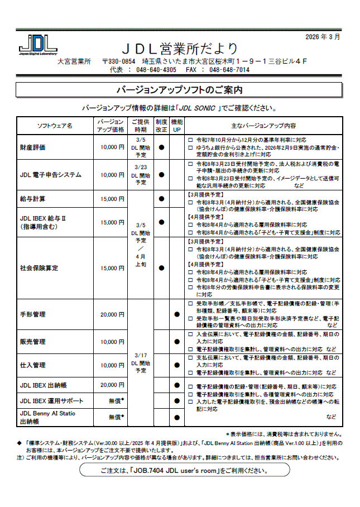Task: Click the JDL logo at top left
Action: click(x=37, y=44)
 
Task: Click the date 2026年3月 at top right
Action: click(x=323, y=37)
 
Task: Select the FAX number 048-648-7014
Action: click(x=229, y=70)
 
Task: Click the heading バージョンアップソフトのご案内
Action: click(x=179, y=90)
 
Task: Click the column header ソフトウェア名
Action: click(x=55, y=126)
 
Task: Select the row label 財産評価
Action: click(x=33, y=147)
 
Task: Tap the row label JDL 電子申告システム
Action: click(x=51, y=175)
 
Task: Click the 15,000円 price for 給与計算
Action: click(x=112, y=199)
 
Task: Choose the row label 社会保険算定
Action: click(x=39, y=268)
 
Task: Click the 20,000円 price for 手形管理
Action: click(x=112, y=315)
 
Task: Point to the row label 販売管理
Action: click(x=33, y=342)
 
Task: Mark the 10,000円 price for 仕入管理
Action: click(x=112, y=365)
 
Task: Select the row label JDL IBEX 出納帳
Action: click(x=44, y=385)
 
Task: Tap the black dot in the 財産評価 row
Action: click(x=161, y=147)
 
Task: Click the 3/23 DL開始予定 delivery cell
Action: click(x=141, y=175)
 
